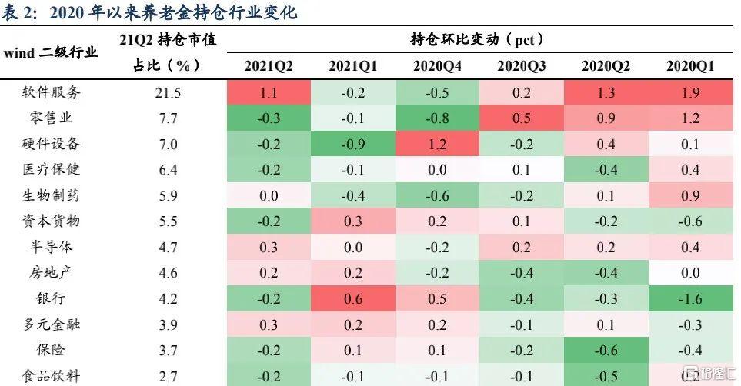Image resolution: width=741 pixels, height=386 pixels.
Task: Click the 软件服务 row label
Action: click(51, 92)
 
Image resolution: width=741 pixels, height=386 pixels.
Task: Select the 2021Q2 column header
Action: click(269, 66)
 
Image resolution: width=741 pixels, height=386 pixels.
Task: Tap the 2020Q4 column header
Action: click(437, 66)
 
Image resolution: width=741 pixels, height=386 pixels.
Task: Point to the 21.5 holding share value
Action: click(168, 92)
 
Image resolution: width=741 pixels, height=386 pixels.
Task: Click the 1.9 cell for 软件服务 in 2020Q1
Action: click(690, 92)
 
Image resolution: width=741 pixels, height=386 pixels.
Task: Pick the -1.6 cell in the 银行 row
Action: click(690, 298)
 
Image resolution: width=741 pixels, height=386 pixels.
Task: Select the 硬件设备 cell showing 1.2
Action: click(437, 144)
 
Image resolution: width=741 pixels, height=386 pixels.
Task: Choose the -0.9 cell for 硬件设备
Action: click(353, 144)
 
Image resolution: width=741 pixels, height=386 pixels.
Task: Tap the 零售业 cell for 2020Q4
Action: click(437, 118)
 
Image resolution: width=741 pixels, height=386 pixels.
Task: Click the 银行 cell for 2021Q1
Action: click(353, 298)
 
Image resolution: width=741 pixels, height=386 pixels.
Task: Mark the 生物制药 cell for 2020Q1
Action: click(690, 195)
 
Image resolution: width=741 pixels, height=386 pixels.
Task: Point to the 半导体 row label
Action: click(51, 247)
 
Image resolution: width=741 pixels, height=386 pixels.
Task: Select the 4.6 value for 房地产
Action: click(168, 273)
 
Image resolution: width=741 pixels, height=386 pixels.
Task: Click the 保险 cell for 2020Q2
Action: click(606, 351)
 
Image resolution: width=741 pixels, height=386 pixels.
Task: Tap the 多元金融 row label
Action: click(51, 324)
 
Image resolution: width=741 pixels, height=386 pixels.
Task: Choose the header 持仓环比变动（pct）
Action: click(477, 39)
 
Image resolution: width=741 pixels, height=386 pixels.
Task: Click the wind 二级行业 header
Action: click(51, 52)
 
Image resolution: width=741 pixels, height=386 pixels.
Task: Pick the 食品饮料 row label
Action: click(51, 376)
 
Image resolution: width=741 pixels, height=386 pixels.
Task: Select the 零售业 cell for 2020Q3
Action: click(522, 118)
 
